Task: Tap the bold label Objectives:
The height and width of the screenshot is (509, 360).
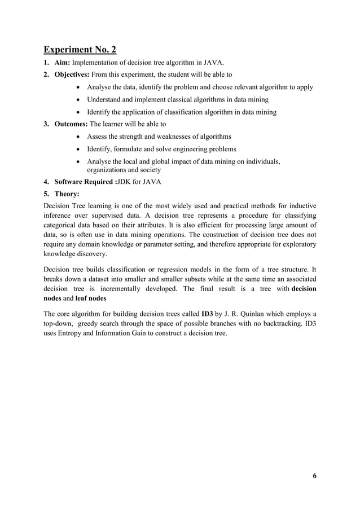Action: click(73, 74)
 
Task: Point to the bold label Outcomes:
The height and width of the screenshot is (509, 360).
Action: click(71, 124)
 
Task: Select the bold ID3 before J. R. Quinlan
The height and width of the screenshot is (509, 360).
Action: click(207, 313)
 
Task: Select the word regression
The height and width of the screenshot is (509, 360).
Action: click(174, 269)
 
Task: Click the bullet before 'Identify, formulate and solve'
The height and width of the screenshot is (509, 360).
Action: click(78, 149)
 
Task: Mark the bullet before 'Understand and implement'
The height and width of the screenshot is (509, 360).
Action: click(78, 99)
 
